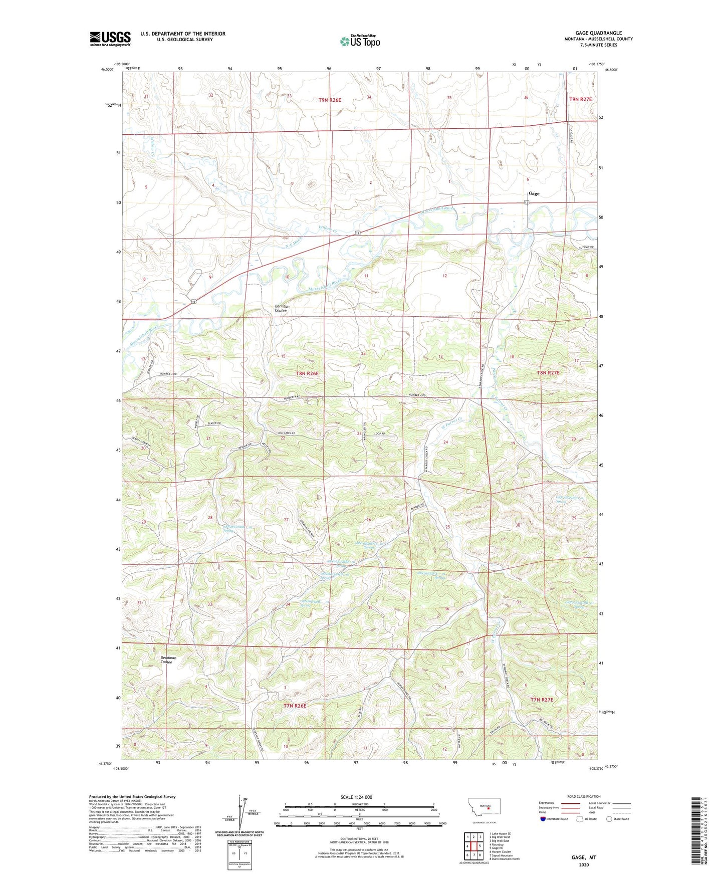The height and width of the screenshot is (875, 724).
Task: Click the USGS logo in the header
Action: (x=110, y=38)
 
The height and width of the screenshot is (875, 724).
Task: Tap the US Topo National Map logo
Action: (x=360, y=41)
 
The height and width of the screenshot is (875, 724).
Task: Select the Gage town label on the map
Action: (x=534, y=193)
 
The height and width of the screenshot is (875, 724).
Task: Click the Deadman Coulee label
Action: (x=168, y=660)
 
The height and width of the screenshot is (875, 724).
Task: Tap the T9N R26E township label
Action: (x=330, y=100)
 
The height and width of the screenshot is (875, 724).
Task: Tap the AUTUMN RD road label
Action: (x=584, y=248)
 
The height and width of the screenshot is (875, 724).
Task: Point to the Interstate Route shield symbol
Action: (x=543, y=819)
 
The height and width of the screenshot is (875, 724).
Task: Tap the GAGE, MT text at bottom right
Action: (x=584, y=857)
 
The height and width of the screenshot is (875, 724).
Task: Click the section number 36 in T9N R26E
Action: (x=526, y=98)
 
